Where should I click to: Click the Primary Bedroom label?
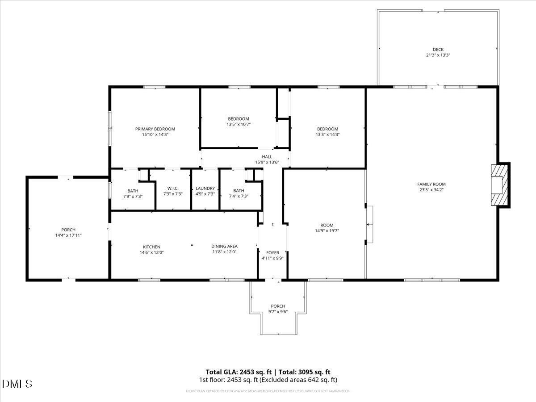tap(155, 129)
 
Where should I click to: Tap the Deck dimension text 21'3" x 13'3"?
tap(438, 55)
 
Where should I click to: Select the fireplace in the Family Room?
tap(499, 184)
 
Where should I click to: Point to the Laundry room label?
tap(205, 188)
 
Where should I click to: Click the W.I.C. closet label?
tap(173, 188)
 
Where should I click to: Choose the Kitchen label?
tap(151, 247)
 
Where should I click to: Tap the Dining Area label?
tap(224, 246)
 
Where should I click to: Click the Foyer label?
tap(272, 253)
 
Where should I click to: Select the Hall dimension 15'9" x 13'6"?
tap(267, 162)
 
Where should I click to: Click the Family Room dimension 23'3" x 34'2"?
tap(431, 189)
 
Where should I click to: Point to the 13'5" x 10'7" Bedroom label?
tap(238, 119)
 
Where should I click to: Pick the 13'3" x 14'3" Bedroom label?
tap(327, 129)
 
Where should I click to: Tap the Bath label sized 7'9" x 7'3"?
tap(133, 191)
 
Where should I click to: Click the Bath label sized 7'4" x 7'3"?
tap(239, 191)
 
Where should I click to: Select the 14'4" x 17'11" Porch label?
tap(68, 230)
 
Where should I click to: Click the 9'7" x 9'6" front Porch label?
tap(278, 306)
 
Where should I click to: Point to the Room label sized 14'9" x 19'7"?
tap(327, 225)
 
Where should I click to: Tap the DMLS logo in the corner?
tap(17, 384)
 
